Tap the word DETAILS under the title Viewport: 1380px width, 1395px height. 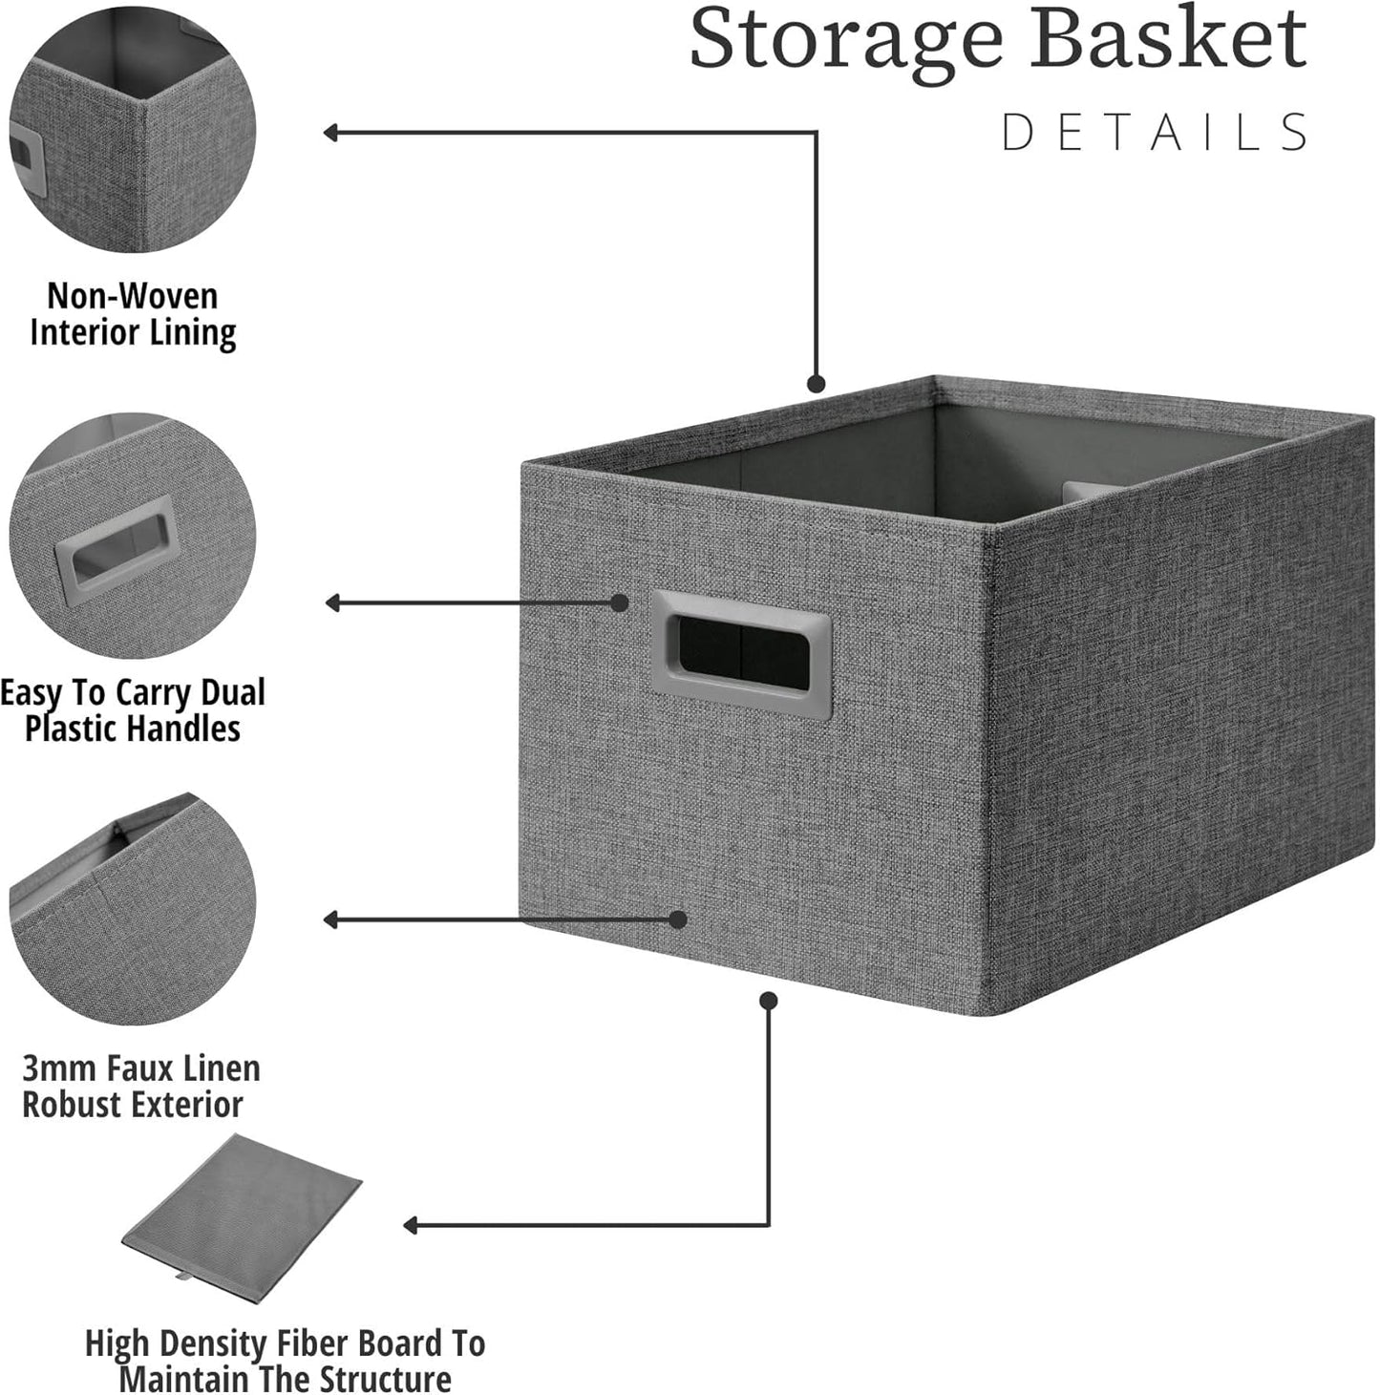pyautogui.click(x=1155, y=133)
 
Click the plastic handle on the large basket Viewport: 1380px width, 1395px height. pyautogui.click(x=740, y=654)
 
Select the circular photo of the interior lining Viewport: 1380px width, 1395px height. pyautogui.click(x=133, y=129)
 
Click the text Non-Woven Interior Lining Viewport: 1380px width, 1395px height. pyautogui.click(x=133, y=314)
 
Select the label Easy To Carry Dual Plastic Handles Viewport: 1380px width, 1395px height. pyautogui.click(x=133, y=710)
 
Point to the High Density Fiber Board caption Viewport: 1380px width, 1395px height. pyautogui.click(x=285, y=1361)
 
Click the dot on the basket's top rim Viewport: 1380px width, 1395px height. pyautogui.click(x=816, y=384)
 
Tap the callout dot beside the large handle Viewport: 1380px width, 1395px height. pyautogui.click(x=620, y=602)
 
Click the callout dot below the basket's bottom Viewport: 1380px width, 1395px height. pyautogui.click(x=769, y=1000)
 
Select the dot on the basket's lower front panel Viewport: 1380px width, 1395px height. pyautogui.click(x=677, y=919)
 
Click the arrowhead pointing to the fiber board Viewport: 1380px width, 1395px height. pyautogui.click(x=411, y=1225)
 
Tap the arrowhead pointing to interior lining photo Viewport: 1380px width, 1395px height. pyautogui.click(x=330, y=133)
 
